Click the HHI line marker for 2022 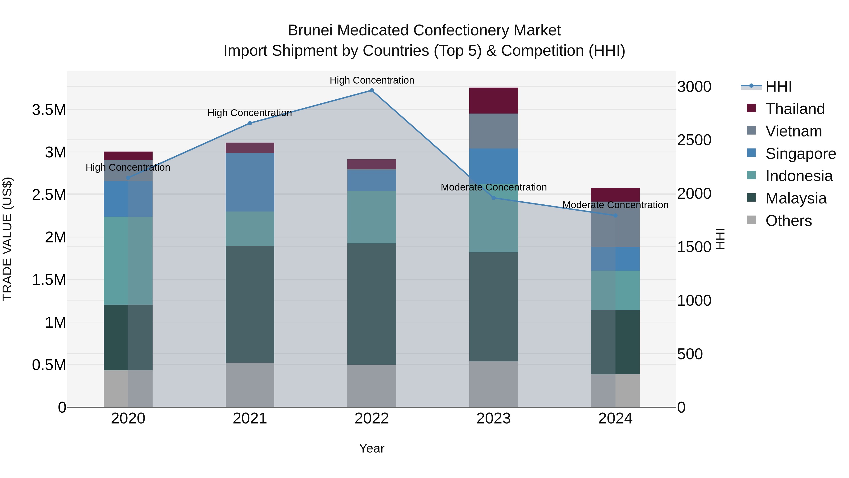[371, 90]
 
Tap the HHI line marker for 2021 [250, 123]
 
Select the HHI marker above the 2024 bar [615, 216]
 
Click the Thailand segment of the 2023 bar [493, 101]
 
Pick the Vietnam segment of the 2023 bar [493, 131]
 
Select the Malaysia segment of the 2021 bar [250, 304]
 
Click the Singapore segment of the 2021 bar [250, 182]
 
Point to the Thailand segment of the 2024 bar [615, 195]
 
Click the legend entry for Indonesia [799, 176]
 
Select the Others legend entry [788, 221]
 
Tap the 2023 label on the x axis [493, 419]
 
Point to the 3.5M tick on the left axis [49, 110]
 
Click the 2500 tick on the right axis [694, 140]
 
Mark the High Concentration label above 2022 [372, 80]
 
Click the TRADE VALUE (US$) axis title [7, 239]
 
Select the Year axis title [371, 448]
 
